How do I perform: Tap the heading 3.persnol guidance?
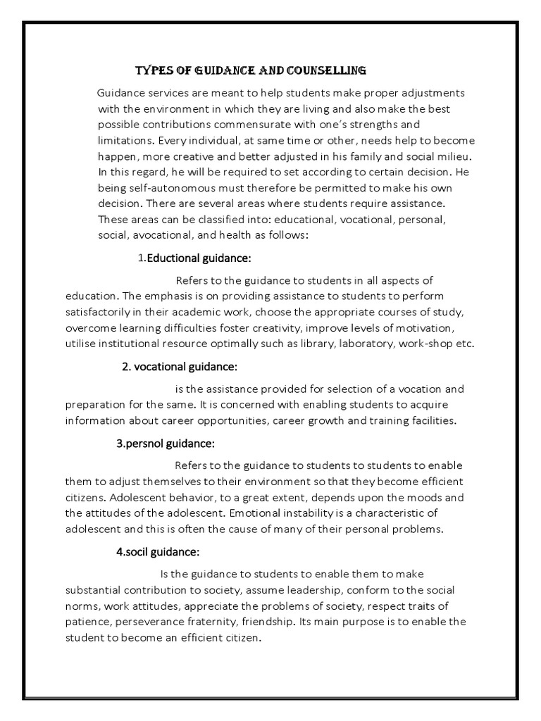[165, 444]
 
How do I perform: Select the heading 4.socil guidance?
[159, 551]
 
